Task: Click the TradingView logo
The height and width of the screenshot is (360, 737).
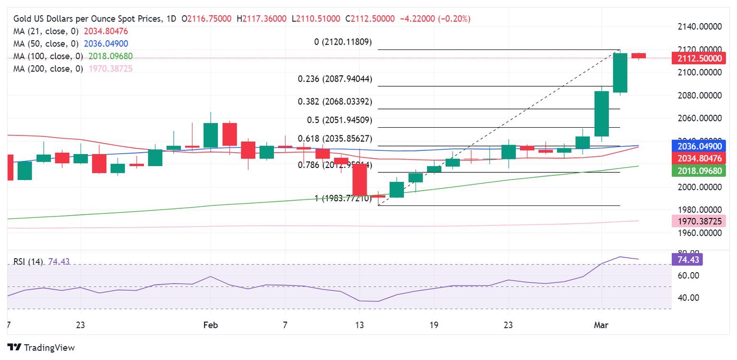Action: tap(41, 347)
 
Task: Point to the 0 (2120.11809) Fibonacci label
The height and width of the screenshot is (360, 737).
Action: tap(343, 42)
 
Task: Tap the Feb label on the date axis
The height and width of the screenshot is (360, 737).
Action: tap(210, 325)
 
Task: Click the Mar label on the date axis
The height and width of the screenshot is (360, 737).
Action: tap(601, 325)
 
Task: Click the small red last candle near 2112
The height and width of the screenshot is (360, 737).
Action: tap(639, 56)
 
